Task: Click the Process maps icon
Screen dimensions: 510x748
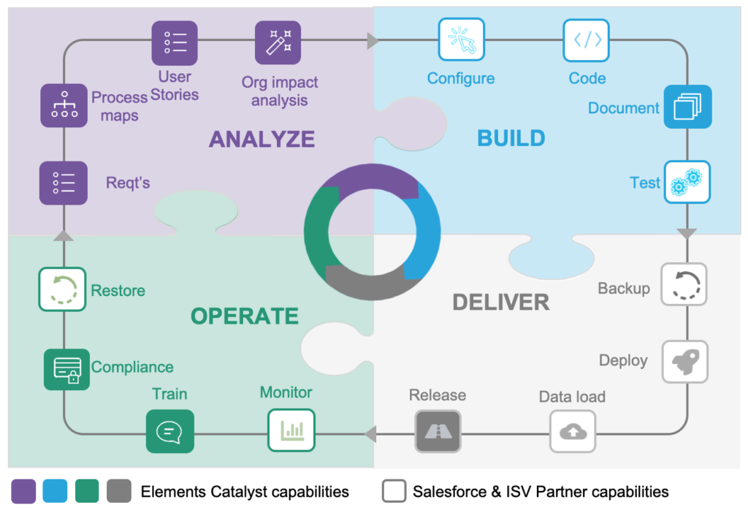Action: (x=64, y=107)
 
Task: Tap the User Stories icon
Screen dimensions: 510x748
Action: (x=175, y=42)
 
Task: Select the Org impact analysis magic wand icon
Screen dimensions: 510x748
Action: (x=278, y=42)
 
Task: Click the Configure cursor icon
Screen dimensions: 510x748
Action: (x=461, y=39)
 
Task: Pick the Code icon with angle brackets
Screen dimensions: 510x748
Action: (x=587, y=39)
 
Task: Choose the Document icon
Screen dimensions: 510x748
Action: (x=687, y=107)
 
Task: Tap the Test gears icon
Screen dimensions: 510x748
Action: (x=687, y=182)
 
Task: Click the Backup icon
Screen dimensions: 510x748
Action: (x=684, y=284)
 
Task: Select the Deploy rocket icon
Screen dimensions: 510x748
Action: (x=684, y=360)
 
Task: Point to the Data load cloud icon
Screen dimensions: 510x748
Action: (x=573, y=431)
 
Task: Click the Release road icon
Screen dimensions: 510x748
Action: (x=438, y=431)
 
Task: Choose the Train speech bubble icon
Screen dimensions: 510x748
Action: (x=169, y=431)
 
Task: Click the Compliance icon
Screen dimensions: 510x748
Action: (x=66, y=369)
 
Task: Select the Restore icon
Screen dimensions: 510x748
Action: (x=62, y=289)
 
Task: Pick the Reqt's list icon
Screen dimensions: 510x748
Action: (x=64, y=183)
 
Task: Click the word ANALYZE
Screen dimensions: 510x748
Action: (x=262, y=139)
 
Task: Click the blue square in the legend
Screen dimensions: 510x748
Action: (x=56, y=491)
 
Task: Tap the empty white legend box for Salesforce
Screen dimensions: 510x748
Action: (x=393, y=491)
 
